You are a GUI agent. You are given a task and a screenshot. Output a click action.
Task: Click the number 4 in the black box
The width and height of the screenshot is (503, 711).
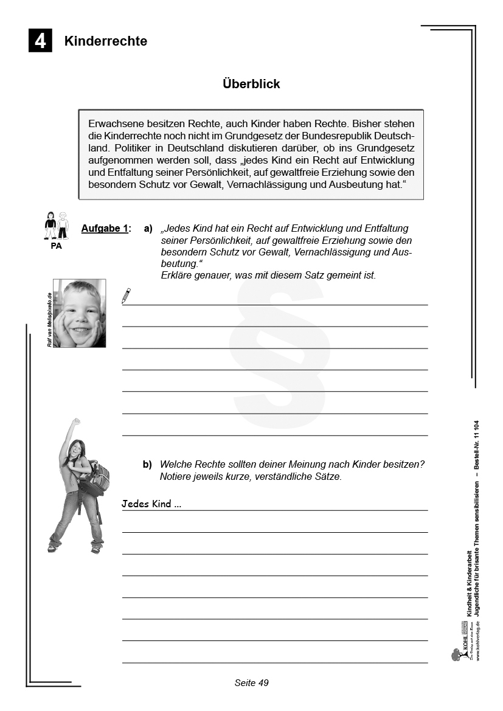(40, 41)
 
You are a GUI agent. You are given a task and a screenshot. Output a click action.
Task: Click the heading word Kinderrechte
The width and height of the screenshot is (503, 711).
(106, 41)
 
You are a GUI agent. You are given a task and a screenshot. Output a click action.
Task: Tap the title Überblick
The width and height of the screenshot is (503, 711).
(251, 84)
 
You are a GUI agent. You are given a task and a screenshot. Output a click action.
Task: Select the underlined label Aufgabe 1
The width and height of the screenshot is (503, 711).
(105, 229)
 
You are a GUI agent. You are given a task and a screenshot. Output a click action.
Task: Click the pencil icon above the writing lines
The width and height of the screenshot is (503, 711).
(126, 296)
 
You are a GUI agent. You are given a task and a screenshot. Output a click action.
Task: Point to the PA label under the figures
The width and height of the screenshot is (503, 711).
(56, 246)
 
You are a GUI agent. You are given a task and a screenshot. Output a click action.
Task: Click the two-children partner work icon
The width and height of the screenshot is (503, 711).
(56, 226)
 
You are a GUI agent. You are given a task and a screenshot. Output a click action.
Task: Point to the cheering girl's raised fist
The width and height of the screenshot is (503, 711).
(75, 421)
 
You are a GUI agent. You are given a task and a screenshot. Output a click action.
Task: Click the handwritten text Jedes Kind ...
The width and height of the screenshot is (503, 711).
(151, 504)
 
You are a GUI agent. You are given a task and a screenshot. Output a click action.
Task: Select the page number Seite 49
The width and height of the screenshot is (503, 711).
(251, 682)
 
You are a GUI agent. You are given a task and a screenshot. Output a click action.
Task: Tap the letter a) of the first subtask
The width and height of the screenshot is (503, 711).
(148, 229)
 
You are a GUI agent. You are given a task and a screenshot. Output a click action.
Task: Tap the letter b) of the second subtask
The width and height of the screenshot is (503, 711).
(148, 465)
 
